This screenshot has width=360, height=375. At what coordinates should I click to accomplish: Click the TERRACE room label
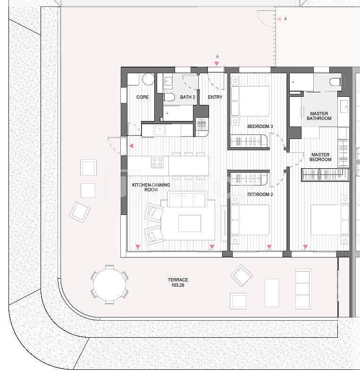pyautogui.click(x=178, y=280)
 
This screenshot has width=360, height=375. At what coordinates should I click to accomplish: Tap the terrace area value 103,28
pyautogui.click(x=178, y=285)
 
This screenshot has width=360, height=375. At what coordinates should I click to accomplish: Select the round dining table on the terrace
pyautogui.click(x=109, y=285)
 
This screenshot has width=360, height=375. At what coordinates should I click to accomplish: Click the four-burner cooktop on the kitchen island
pyautogui.click(x=157, y=162)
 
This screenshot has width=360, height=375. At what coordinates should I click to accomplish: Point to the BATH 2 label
pyautogui.click(x=187, y=97)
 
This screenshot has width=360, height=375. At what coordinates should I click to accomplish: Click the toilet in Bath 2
pyautogui.click(x=169, y=97)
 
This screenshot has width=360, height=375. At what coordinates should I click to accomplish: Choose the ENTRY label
pyautogui.click(x=215, y=97)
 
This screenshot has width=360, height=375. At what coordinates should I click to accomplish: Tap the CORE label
pyautogui.click(x=142, y=97)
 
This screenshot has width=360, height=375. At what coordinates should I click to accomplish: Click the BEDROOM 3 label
pyautogui.click(x=260, y=126)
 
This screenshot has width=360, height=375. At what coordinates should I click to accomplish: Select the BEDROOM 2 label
pyautogui.click(x=260, y=195)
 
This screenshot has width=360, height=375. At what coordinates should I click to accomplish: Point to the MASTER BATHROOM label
pyautogui.click(x=319, y=116)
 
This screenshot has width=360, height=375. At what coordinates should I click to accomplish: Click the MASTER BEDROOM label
pyautogui.click(x=320, y=157)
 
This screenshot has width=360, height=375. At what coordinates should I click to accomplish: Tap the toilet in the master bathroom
pyautogui.click(x=335, y=82)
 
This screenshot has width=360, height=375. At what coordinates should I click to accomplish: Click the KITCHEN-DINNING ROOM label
pyautogui.click(x=151, y=187)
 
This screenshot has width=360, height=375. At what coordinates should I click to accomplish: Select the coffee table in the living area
pyautogui.click(x=190, y=223)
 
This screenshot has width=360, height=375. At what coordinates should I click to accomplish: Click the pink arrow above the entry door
pyautogui.click(x=217, y=64)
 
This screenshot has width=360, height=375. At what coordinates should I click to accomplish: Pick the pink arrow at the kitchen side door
pyautogui.click(x=131, y=145)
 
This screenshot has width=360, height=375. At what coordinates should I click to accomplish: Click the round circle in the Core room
pyautogui.click(x=149, y=79)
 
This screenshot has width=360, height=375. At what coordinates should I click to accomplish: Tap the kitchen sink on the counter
pyautogui.click(x=159, y=130)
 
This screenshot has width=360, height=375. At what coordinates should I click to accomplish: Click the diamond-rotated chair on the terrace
pyautogui.click(x=242, y=275)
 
